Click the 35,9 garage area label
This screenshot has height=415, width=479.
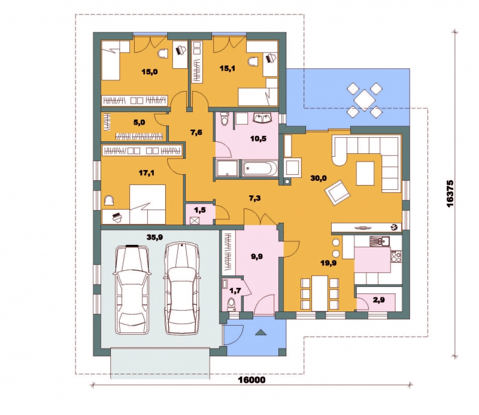pyautogui.click(x=154, y=237)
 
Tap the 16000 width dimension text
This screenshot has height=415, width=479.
pyautogui.click(x=251, y=380)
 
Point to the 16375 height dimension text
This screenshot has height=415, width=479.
pyautogui.click(x=450, y=194)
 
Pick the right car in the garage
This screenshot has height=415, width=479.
pyautogui.click(x=182, y=288)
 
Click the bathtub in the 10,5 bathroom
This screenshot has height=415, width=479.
pyautogui.click(x=260, y=169)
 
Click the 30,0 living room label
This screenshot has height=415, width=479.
pyautogui.click(x=319, y=178)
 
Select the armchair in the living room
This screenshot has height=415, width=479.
pyautogui.click(x=337, y=193)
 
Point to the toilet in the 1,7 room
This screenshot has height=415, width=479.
pyautogui.click(x=232, y=304)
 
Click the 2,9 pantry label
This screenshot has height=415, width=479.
pyautogui.click(x=379, y=300)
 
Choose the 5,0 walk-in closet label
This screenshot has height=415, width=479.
pyautogui.click(x=139, y=123)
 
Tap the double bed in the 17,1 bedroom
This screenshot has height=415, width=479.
pyautogui.click(x=147, y=204)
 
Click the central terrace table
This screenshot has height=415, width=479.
pyautogui.click(x=365, y=99)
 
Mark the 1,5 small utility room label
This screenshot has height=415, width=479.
pyautogui.click(x=200, y=210)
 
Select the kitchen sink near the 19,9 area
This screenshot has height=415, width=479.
pyautogui.click(x=380, y=241)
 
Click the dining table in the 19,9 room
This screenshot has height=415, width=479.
pyautogui.click(x=320, y=293)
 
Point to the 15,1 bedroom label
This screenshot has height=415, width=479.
pyautogui.click(x=228, y=68)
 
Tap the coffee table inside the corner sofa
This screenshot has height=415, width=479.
pyautogui.click(x=365, y=173)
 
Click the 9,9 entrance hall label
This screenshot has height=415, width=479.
pyautogui.click(x=257, y=257)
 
